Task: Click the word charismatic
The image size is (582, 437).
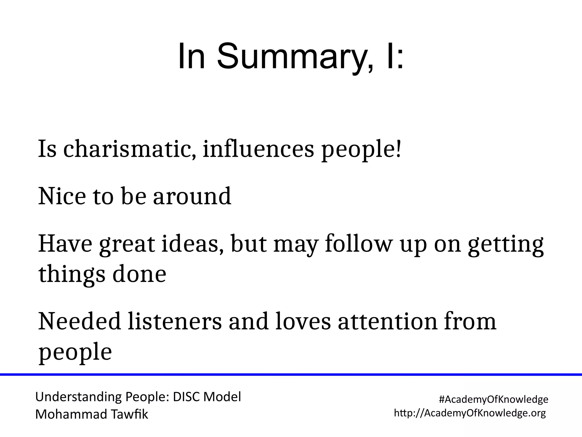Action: click(x=129, y=150)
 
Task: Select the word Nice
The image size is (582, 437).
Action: click(x=62, y=196)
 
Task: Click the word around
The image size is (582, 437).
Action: click(x=192, y=196)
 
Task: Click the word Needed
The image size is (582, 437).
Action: click(x=79, y=321)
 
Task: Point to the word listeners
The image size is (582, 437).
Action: click(x=174, y=321)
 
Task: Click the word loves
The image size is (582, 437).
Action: click(x=303, y=321)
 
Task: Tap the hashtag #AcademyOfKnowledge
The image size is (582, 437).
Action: click(x=493, y=399)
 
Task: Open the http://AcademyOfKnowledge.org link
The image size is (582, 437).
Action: click(x=470, y=413)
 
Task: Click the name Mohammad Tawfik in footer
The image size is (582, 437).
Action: click(x=92, y=415)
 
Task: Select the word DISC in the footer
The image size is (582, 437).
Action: click(x=186, y=397)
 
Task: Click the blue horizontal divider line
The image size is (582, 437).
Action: click(x=291, y=375)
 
